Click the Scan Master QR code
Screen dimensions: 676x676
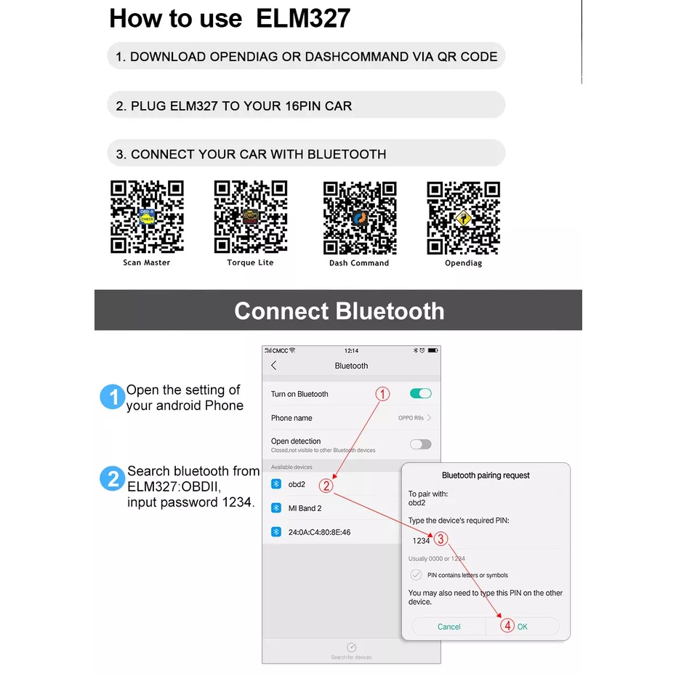tap(147, 217)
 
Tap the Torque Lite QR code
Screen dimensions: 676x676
tap(250, 217)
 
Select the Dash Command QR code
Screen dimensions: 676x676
tap(359, 217)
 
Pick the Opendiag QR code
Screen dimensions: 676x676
tap(464, 217)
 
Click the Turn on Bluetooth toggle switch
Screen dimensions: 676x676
tap(420, 393)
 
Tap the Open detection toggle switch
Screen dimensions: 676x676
tap(420, 444)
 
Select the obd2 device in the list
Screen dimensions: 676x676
tap(296, 484)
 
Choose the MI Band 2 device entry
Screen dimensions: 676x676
tap(305, 508)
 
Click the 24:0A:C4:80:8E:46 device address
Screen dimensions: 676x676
tap(319, 532)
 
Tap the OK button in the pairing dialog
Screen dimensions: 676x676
tap(522, 627)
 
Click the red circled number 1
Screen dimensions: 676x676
tap(382, 394)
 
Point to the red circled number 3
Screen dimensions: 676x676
tap(440, 539)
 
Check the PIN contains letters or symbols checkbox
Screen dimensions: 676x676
tap(416, 575)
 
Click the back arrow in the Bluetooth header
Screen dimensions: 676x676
tap(273, 366)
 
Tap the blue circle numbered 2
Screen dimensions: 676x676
tap(112, 479)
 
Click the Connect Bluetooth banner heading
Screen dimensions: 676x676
tap(339, 311)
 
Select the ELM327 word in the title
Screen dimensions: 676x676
tap(303, 18)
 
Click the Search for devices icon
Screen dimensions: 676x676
tap(351, 647)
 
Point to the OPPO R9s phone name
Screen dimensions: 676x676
tap(411, 418)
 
